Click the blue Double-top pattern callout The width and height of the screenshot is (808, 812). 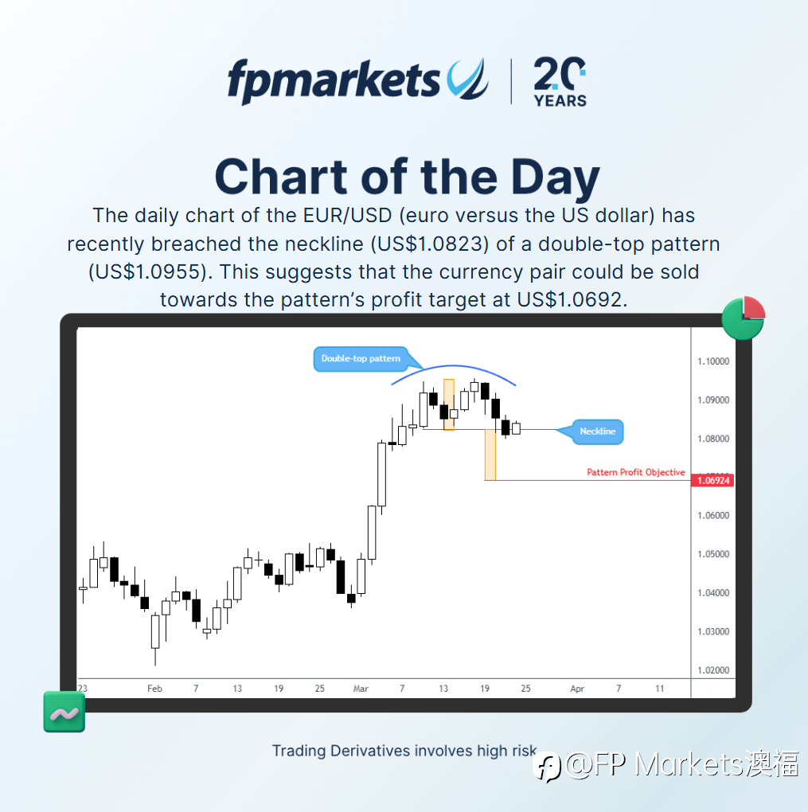(x=361, y=358)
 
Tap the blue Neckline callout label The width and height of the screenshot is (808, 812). (x=597, y=431)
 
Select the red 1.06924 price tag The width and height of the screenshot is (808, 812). (x=712, y=481)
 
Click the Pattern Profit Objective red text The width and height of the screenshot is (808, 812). (x=635, y=472)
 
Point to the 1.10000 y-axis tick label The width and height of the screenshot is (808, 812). (x=713, y=361)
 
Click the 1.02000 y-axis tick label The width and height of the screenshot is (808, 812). (x=713, y=670)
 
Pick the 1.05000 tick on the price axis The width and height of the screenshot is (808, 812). (x=713, y=554)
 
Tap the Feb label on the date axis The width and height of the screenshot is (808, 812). (x=154, y=689)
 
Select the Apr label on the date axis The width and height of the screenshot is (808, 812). (x=577, y=689)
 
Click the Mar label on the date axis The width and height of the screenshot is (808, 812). (x=361, y=689)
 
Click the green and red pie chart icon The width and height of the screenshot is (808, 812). (x=744, y=318)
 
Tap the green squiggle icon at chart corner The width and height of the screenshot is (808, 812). (x=64, y=712)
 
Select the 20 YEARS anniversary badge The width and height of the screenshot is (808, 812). (x=560, y=82)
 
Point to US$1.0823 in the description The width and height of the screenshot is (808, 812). (x=430, y=244)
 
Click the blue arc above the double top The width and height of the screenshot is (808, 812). (x=453, y=366)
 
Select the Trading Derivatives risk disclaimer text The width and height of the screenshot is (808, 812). (x=404, y=751)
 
